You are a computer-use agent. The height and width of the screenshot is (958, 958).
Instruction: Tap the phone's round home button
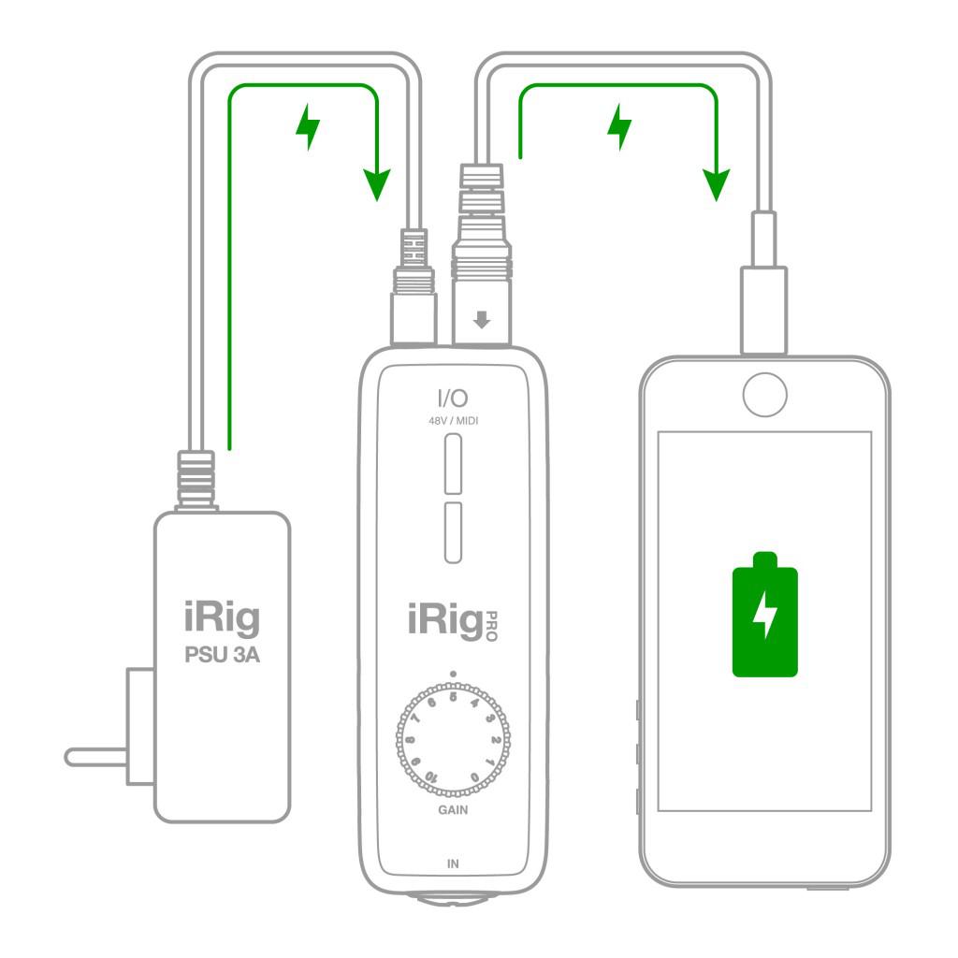pos(765,396)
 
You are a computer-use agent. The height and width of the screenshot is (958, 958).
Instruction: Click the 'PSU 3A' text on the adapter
pos(222,654)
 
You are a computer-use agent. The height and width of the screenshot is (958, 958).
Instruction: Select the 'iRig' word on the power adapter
pos(221,620)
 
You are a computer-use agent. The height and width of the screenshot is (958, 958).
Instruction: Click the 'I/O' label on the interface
pos(453,399)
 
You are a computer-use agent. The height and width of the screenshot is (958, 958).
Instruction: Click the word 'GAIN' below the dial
pos(453,810)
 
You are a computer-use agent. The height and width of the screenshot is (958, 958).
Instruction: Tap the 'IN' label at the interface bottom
pos(453,863)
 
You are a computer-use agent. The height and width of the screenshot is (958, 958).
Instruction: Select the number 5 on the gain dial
pos(454,695)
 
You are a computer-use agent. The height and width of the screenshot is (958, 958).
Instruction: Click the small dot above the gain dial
pos(453,673)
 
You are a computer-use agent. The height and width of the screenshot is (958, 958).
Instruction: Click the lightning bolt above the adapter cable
pos(307,128)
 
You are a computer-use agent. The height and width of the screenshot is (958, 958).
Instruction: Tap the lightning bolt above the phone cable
pos(618,128)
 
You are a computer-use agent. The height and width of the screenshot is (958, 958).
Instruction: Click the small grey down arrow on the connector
pos(482,321)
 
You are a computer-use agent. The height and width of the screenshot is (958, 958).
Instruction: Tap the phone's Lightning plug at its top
pos(763,309)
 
